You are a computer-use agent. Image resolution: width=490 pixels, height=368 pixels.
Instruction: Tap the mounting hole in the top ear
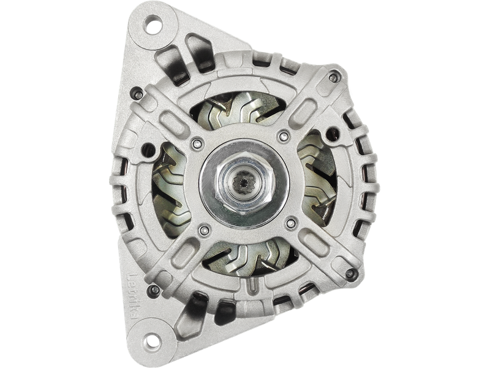tap(153, 27)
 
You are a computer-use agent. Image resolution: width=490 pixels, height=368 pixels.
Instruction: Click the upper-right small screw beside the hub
tap(282, 136)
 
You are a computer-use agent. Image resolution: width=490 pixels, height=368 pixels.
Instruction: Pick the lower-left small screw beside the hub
tap(203, 232)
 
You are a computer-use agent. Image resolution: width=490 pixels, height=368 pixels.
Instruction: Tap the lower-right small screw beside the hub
tap(292, 222)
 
